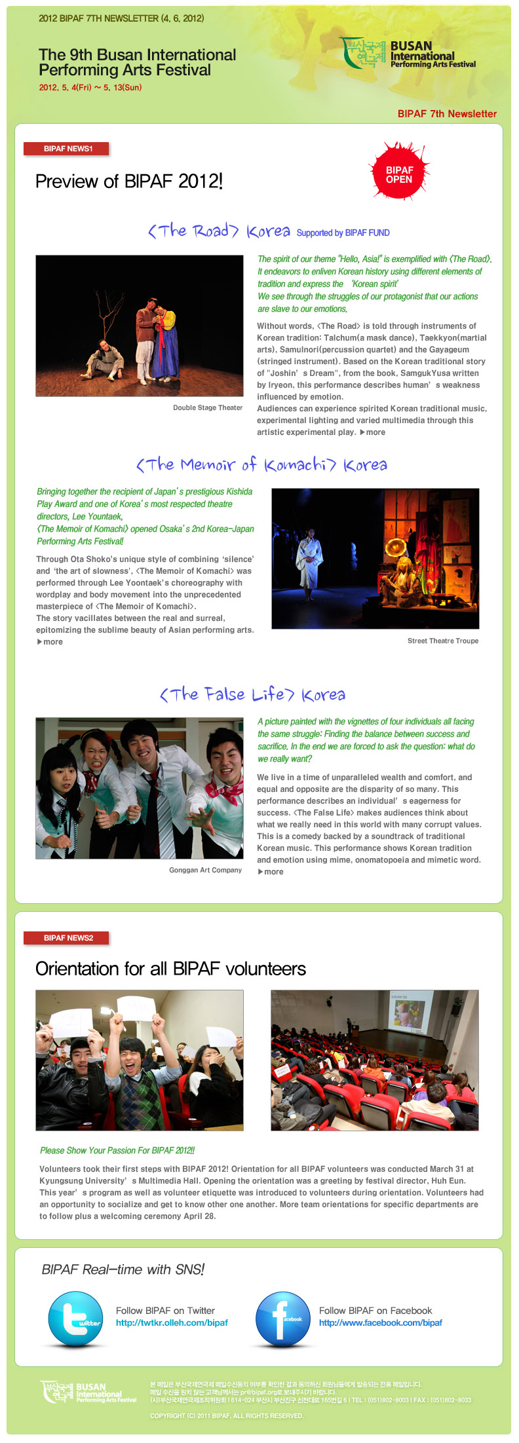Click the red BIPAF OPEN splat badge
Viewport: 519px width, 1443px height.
point(398,174)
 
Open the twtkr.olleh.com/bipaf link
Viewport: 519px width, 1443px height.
point(172,1322)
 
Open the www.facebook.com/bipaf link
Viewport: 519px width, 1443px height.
point(380,1322)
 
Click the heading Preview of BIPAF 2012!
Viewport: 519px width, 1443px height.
point(129,181)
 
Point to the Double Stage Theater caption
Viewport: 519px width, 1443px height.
point(208,407)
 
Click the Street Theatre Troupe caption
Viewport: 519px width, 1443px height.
point(442,641)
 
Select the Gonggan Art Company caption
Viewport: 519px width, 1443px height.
point(205,870)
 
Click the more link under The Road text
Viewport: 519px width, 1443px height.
point(373,432)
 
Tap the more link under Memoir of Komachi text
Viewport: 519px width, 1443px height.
point(50,642)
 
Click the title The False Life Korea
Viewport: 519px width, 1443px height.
point(252,694)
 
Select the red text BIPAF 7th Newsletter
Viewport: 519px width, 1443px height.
point(447,113)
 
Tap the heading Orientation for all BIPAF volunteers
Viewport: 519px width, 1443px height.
point(170,969)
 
